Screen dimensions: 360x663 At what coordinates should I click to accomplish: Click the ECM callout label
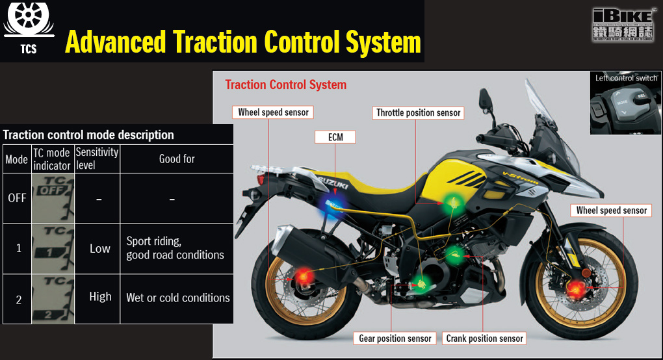coord(335,136)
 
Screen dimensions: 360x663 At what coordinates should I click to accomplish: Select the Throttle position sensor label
coord(419,112)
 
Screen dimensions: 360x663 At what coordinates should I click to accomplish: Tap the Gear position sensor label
coord(395,338)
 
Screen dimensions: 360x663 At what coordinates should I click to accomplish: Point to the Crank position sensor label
coord(485,338)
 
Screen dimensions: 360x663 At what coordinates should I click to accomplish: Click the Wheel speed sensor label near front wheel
coord(612,210)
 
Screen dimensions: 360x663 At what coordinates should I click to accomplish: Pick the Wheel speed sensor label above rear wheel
coord(273,112)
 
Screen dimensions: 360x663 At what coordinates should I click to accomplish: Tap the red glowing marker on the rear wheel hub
coord(304,277)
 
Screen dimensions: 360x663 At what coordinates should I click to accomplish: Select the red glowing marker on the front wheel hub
coord(575,290)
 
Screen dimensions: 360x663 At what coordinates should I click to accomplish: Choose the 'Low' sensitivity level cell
coord(99,248)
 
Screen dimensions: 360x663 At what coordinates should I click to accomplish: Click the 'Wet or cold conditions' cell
coord(177,298)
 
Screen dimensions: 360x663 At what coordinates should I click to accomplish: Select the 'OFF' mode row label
coord(17,198)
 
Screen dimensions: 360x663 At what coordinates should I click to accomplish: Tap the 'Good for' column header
coord(176,159)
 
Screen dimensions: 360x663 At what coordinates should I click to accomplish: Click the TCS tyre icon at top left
coord(28,19)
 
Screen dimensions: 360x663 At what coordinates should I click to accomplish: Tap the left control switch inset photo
coord(625,105)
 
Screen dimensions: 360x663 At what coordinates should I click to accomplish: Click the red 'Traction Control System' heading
coord(285,84)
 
